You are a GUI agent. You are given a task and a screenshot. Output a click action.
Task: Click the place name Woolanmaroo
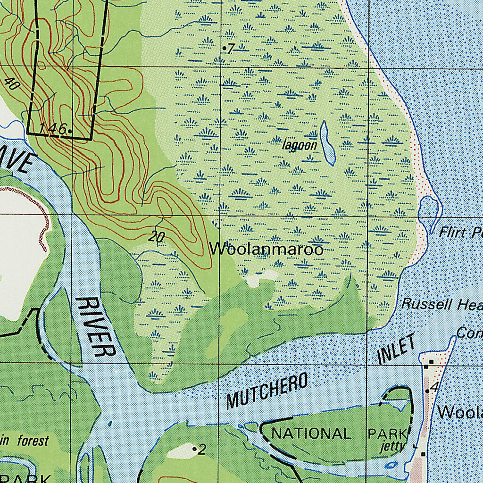click(x=266, y=249)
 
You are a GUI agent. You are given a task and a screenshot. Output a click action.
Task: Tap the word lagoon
click(x=300, y=145)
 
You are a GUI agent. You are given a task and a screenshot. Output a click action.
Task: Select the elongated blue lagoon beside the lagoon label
click(x=327, y=142)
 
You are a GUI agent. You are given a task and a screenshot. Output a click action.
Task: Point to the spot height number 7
click(x=231, y=49)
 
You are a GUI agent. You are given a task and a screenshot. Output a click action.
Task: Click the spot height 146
click(x=53, y=128)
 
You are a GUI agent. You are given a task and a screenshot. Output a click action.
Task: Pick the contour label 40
click(x=13, y=84)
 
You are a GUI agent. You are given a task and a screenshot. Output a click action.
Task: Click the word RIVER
click(x=95, y=327)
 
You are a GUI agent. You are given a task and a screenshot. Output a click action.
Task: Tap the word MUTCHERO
click(x=267, y=391)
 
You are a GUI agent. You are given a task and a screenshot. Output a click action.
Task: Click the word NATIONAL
click(x=311, y=433)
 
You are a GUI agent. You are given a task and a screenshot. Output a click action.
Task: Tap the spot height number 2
click(x=202, y=450)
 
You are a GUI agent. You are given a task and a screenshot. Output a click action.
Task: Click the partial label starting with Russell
click(x=441, y=304)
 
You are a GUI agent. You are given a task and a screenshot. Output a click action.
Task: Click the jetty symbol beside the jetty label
click(x=415, y=446)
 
